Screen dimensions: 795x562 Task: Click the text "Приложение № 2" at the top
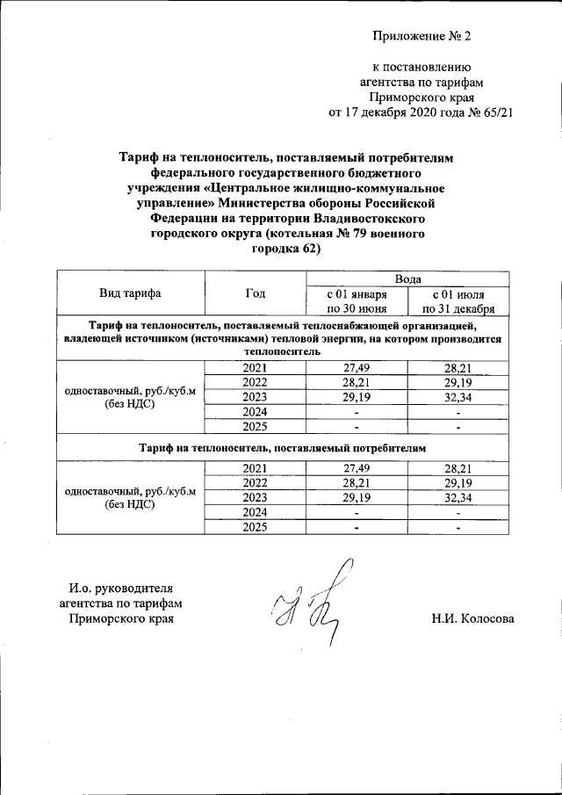tap(422, 36)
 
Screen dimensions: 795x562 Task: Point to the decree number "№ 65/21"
tap(488, 112)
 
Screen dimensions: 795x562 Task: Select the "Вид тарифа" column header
tap(130, 293)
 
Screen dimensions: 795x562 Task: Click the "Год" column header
tap(255, 293)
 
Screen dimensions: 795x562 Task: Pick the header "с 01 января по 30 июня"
tap(357, 301)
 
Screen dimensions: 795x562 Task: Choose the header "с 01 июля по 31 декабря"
tap(458, 301)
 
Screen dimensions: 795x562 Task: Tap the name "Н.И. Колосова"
tap(472, 619)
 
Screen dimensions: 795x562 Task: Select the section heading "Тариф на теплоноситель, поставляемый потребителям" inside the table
tap(282, 448)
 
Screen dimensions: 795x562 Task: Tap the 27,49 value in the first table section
tap(357, 367)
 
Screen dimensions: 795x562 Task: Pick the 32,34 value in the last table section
tap(458, 496)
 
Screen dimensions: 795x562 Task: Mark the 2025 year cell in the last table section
tap(255, 526)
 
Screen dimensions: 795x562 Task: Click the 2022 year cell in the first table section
tap(255, 382)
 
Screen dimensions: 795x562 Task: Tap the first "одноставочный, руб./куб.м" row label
tap(130, 390)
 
